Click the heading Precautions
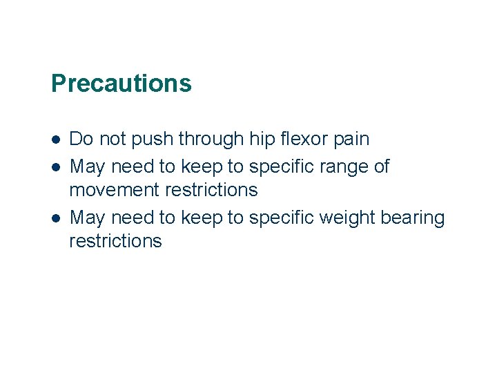(121, 84)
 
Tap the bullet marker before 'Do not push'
(55, 139)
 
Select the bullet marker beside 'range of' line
(55, 166)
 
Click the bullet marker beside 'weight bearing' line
(55, 218)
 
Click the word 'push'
(153, 140)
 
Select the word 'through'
(211, 140)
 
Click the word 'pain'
(352, 140)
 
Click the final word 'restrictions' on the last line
(115, 241)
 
